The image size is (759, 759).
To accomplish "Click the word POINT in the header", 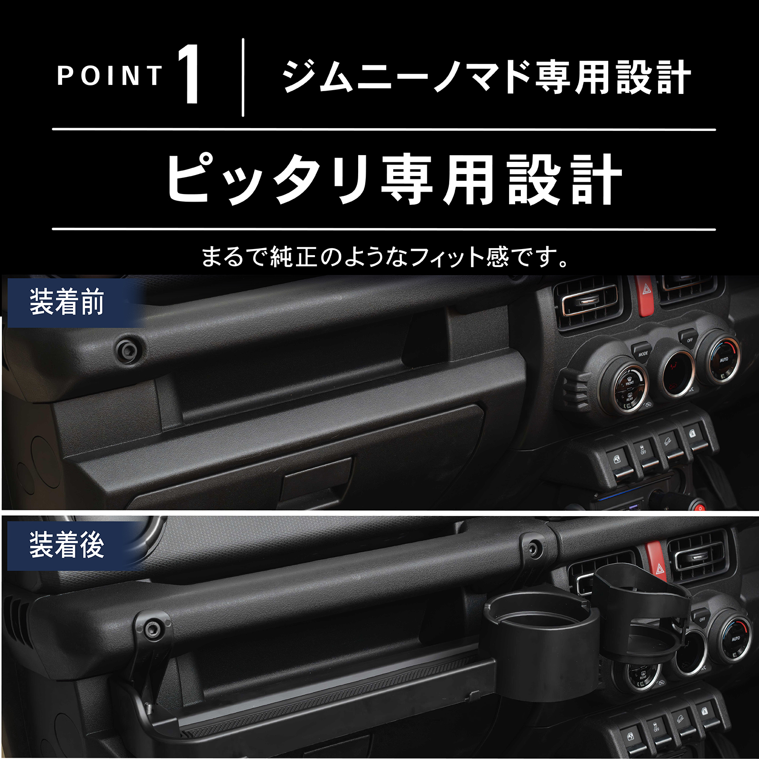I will point(110,76).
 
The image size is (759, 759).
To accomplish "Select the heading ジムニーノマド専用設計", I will point(486,77).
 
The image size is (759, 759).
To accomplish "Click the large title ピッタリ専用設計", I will point(394,180).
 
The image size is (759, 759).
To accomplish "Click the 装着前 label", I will point(66,302).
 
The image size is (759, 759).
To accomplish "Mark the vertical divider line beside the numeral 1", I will point(243,77).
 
